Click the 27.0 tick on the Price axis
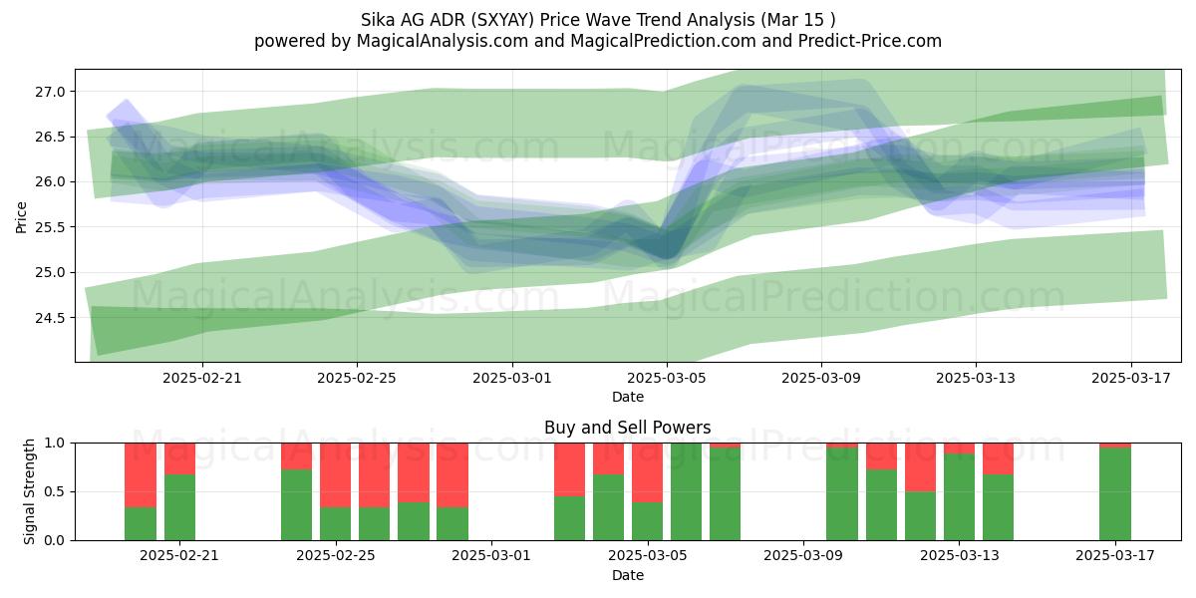[x=50, y=92]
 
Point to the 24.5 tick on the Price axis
[x=50, y=318]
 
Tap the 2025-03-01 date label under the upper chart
[x=512, y=378]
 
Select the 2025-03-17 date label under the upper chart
[x=1131, y=378]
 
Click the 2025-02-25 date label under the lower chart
[x=336, y=555]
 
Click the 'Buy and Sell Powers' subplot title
[x=627, y=428]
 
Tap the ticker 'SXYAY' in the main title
[x=505, y=20]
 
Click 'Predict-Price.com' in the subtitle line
[x=870, y=41]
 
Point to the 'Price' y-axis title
[x=21, y=217]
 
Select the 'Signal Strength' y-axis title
[x=29, y=491]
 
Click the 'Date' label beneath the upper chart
[x=627, y=397]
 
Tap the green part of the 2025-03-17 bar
[x=1115, y=494]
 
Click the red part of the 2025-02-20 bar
[x=141, y=475]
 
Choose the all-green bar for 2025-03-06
[x=686, y=491]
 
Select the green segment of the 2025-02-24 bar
[x=296, y=505]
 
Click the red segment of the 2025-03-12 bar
[x=920, y=467]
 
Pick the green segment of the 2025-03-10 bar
[x=842, y=494]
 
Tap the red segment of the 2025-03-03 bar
[x=569, y=469]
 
